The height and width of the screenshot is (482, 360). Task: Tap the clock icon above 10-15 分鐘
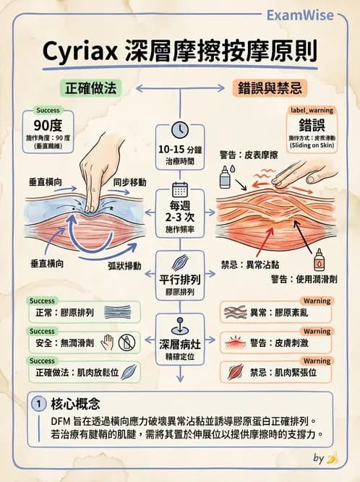[179, 129]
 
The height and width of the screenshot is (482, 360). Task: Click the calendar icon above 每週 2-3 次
[179, 190]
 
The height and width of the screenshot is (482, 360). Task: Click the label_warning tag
[312, 111]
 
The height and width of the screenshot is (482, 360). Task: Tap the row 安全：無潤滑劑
[61, 342]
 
